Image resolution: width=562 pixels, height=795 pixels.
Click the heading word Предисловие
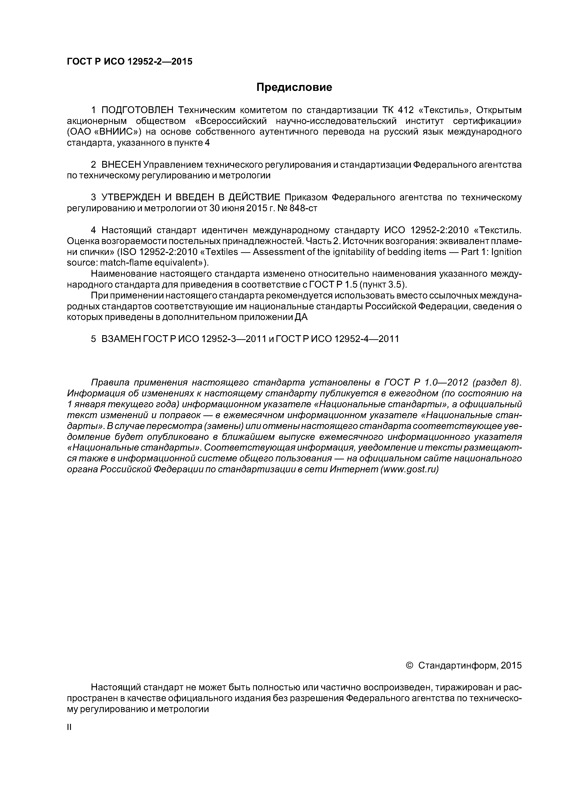click(x=294, y=87)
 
